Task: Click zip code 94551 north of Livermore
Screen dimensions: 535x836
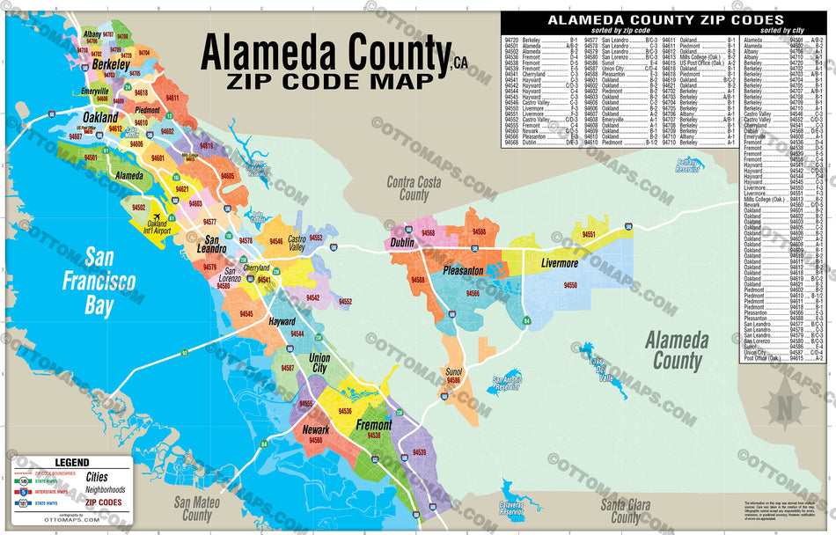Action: tap(589, 234)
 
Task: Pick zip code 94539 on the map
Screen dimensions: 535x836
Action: tap(419, 452)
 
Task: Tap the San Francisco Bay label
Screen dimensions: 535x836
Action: tap(99, 282)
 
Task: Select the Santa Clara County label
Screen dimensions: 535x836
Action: tap(627, 511)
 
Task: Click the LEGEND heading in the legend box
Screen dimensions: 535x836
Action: tap(72, 462)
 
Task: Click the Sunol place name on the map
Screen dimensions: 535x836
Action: tap(454, 372)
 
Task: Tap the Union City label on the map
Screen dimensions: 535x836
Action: tap(319, 363)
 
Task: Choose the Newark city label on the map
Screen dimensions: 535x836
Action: tap(316, 430)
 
